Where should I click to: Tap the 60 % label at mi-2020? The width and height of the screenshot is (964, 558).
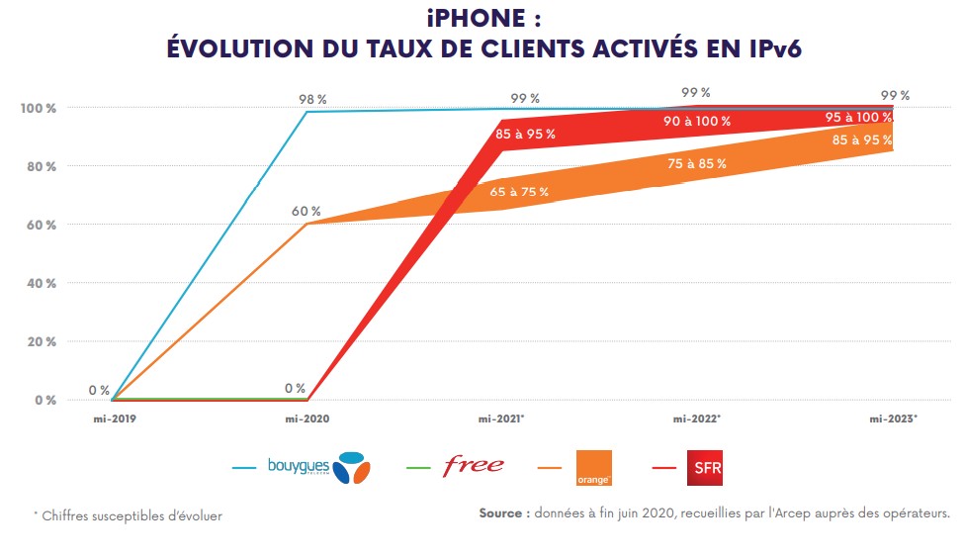[x=306, y=211]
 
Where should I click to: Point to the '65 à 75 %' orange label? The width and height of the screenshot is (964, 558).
[x=520, y=192]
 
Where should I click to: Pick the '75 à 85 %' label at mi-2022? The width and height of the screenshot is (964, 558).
[x=697, y=163]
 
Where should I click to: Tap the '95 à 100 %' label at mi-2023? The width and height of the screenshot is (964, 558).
[x=858, y=118]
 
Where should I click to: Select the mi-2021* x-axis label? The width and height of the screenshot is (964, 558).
[x=502, y=418]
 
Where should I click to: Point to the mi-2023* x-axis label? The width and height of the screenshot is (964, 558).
[x=894, y=418]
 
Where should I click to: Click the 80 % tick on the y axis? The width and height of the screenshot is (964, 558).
[x=39, y=166]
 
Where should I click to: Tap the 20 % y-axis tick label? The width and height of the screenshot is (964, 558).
[x=39, y=341]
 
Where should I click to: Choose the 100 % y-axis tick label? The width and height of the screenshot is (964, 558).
[x=39, y=107]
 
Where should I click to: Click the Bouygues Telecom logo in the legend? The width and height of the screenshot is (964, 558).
[x=318, y=466]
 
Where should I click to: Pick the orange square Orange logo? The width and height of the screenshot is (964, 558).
[x=593, y=468]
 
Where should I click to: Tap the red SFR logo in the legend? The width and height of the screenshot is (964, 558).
[x=705, y=467]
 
